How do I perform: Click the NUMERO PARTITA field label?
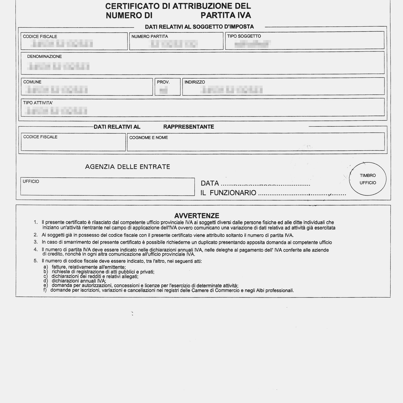coord(150,36)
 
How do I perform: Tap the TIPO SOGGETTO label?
coord(244,36)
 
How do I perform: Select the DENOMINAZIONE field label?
coord(44,56)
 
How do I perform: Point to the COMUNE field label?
coord(32,82)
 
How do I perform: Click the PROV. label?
coord(163,82)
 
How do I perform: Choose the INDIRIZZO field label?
coord(194,82)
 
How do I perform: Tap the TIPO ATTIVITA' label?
coord(38,103)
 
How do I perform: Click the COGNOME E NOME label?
coord(148,137)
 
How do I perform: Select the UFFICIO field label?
coord(31,181)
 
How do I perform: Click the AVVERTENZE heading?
coord(197,216)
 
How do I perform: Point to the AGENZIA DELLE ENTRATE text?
coord(128,167)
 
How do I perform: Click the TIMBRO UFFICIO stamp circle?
coord(368,179)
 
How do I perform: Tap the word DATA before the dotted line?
coord(210,183)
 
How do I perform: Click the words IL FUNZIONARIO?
coord(228,193)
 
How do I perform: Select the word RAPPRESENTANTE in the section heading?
coord(189,127)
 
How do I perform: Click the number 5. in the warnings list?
coord(36,261)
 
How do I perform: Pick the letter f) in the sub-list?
coord(45,290)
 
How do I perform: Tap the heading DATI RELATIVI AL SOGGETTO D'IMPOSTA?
coord(199,27)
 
